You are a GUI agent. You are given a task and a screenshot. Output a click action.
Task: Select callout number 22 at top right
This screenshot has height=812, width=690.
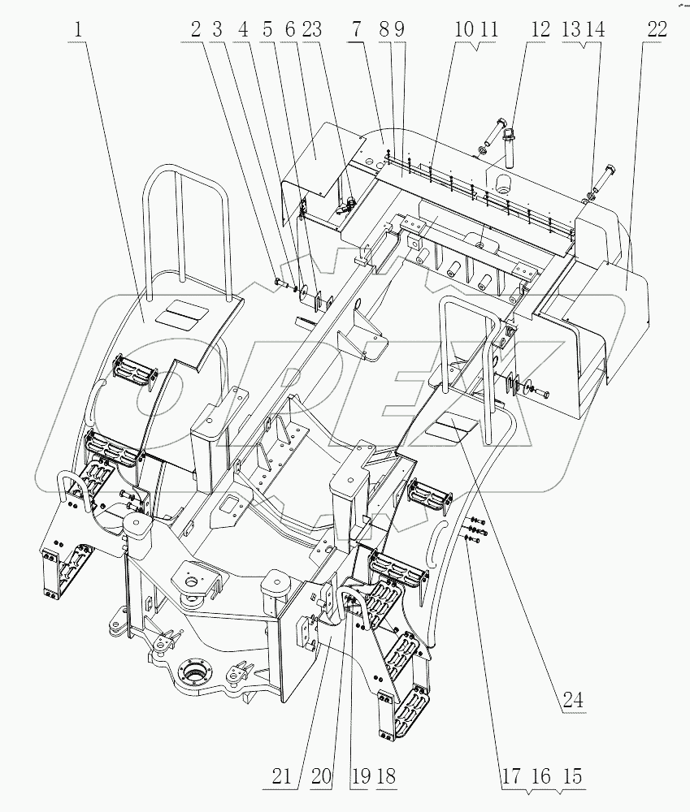coord(657,30)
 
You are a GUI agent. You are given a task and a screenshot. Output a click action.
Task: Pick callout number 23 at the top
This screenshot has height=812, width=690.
coord(310,30)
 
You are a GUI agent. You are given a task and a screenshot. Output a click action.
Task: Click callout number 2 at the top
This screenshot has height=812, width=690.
coord(196,30)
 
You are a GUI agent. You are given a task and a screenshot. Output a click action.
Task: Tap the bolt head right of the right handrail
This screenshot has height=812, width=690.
coord(544,393)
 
